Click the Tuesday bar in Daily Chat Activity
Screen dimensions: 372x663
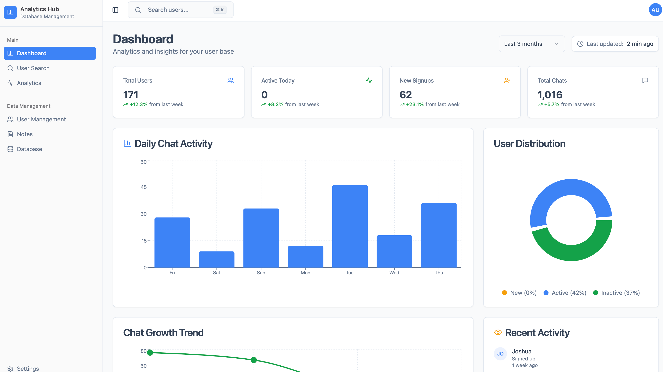click(x=350, y=226)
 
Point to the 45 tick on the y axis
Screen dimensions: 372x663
click(x=143, y=187)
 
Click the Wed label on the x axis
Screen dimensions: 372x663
click(x=394, y=272)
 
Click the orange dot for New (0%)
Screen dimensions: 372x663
click(x=504, y=293)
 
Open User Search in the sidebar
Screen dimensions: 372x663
click(x=33, y=68)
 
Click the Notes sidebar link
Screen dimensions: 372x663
click(x=25, y=134)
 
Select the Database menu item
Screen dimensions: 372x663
click(x=29, y=149)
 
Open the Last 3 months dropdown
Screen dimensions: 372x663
click(x=532, y=44)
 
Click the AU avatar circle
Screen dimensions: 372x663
click(x=655, y=10)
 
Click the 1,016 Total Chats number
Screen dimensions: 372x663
click(x=550, y=95)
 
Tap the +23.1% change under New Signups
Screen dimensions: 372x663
click(x=415, y=104)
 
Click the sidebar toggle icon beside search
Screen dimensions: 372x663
click(x=115, y=10)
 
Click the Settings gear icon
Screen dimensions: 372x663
click(x=10, y=369)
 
